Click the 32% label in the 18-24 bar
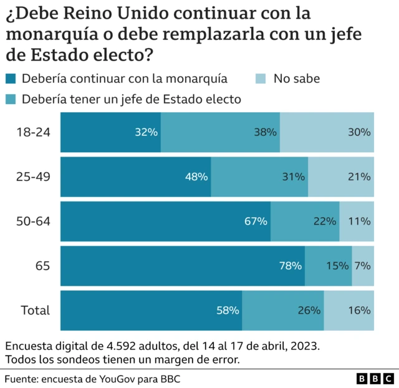point(147,132)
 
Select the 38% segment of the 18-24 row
point(220,132)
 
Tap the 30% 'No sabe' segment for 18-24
point(327,132)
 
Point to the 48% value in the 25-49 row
point(196,177)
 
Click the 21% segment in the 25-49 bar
point(341,177)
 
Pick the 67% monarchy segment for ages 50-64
point(165,221)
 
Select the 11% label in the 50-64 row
point(360,221)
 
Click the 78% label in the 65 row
point(291,266)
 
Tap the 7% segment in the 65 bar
point(363,266)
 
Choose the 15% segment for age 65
point(329,266)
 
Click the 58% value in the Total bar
point(228,310)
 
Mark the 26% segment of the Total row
point(283,310)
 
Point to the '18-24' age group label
point(33,132)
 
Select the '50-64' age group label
point(33,221)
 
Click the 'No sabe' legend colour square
point(262,79)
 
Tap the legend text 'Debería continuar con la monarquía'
point(125,79)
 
